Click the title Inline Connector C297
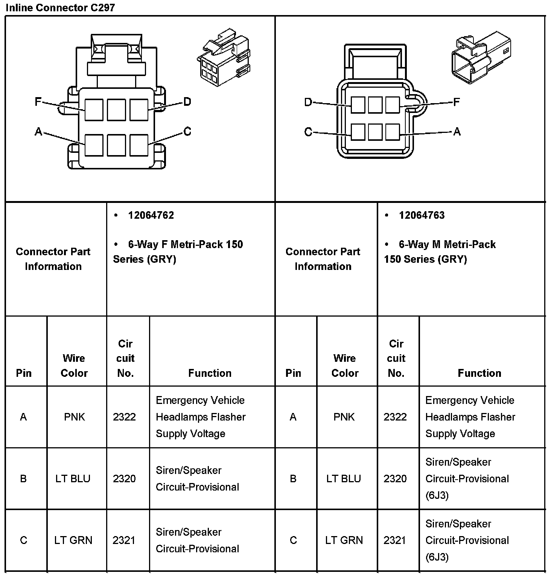[x=60, y=8]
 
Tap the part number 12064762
[x=151, y=215]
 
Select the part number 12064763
[x=422, y=215]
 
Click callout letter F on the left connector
[x=38, y=102]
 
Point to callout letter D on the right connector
[x=308, y=102]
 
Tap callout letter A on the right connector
[x=457, y=131]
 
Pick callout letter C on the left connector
[x=187, y=131]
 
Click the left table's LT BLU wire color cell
[x=73, y=478]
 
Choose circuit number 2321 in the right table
[x=395, y=540]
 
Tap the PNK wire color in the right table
[x=344, y=417]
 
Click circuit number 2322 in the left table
[x=124, y=417]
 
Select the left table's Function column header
[x=210, y=373]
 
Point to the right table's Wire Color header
[x=345, y=366]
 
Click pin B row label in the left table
[x=23, y=478]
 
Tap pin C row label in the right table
[x=293, y=540]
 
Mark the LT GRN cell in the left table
[x=73, y=540]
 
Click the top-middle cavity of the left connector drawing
[x=116, y=110]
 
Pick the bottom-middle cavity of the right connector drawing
[x=375, y=132]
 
